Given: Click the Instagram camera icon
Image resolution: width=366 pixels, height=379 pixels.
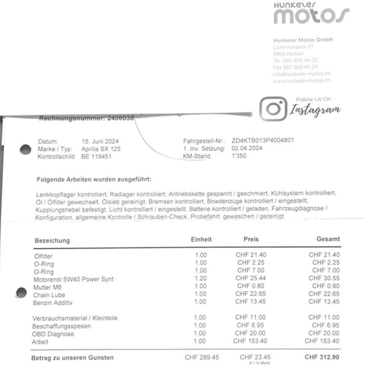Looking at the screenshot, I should pos(273,108).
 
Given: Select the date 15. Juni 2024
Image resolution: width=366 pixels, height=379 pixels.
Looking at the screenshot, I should pos(100,142).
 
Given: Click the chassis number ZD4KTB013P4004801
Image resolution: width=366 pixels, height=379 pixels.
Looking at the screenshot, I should pos(263,141).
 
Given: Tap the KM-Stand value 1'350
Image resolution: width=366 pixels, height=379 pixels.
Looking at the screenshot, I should pos(239,156).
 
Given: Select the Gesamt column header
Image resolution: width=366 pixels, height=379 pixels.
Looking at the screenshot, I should pos(328,239).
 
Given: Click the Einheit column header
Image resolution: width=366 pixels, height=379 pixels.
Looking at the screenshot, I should pos(201,239).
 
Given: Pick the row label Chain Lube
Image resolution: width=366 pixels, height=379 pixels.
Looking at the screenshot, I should pos(49,295).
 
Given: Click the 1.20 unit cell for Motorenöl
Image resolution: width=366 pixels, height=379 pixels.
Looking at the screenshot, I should pos(201,279).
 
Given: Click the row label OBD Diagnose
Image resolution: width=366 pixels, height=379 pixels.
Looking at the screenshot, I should pos(53,334).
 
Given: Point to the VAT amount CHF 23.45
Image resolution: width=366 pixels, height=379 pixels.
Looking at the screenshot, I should pos(255,357).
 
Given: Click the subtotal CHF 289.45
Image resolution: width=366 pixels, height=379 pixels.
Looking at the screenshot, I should pos(202,357).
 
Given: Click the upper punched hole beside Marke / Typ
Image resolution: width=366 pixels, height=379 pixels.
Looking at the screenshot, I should pos(25,150).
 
